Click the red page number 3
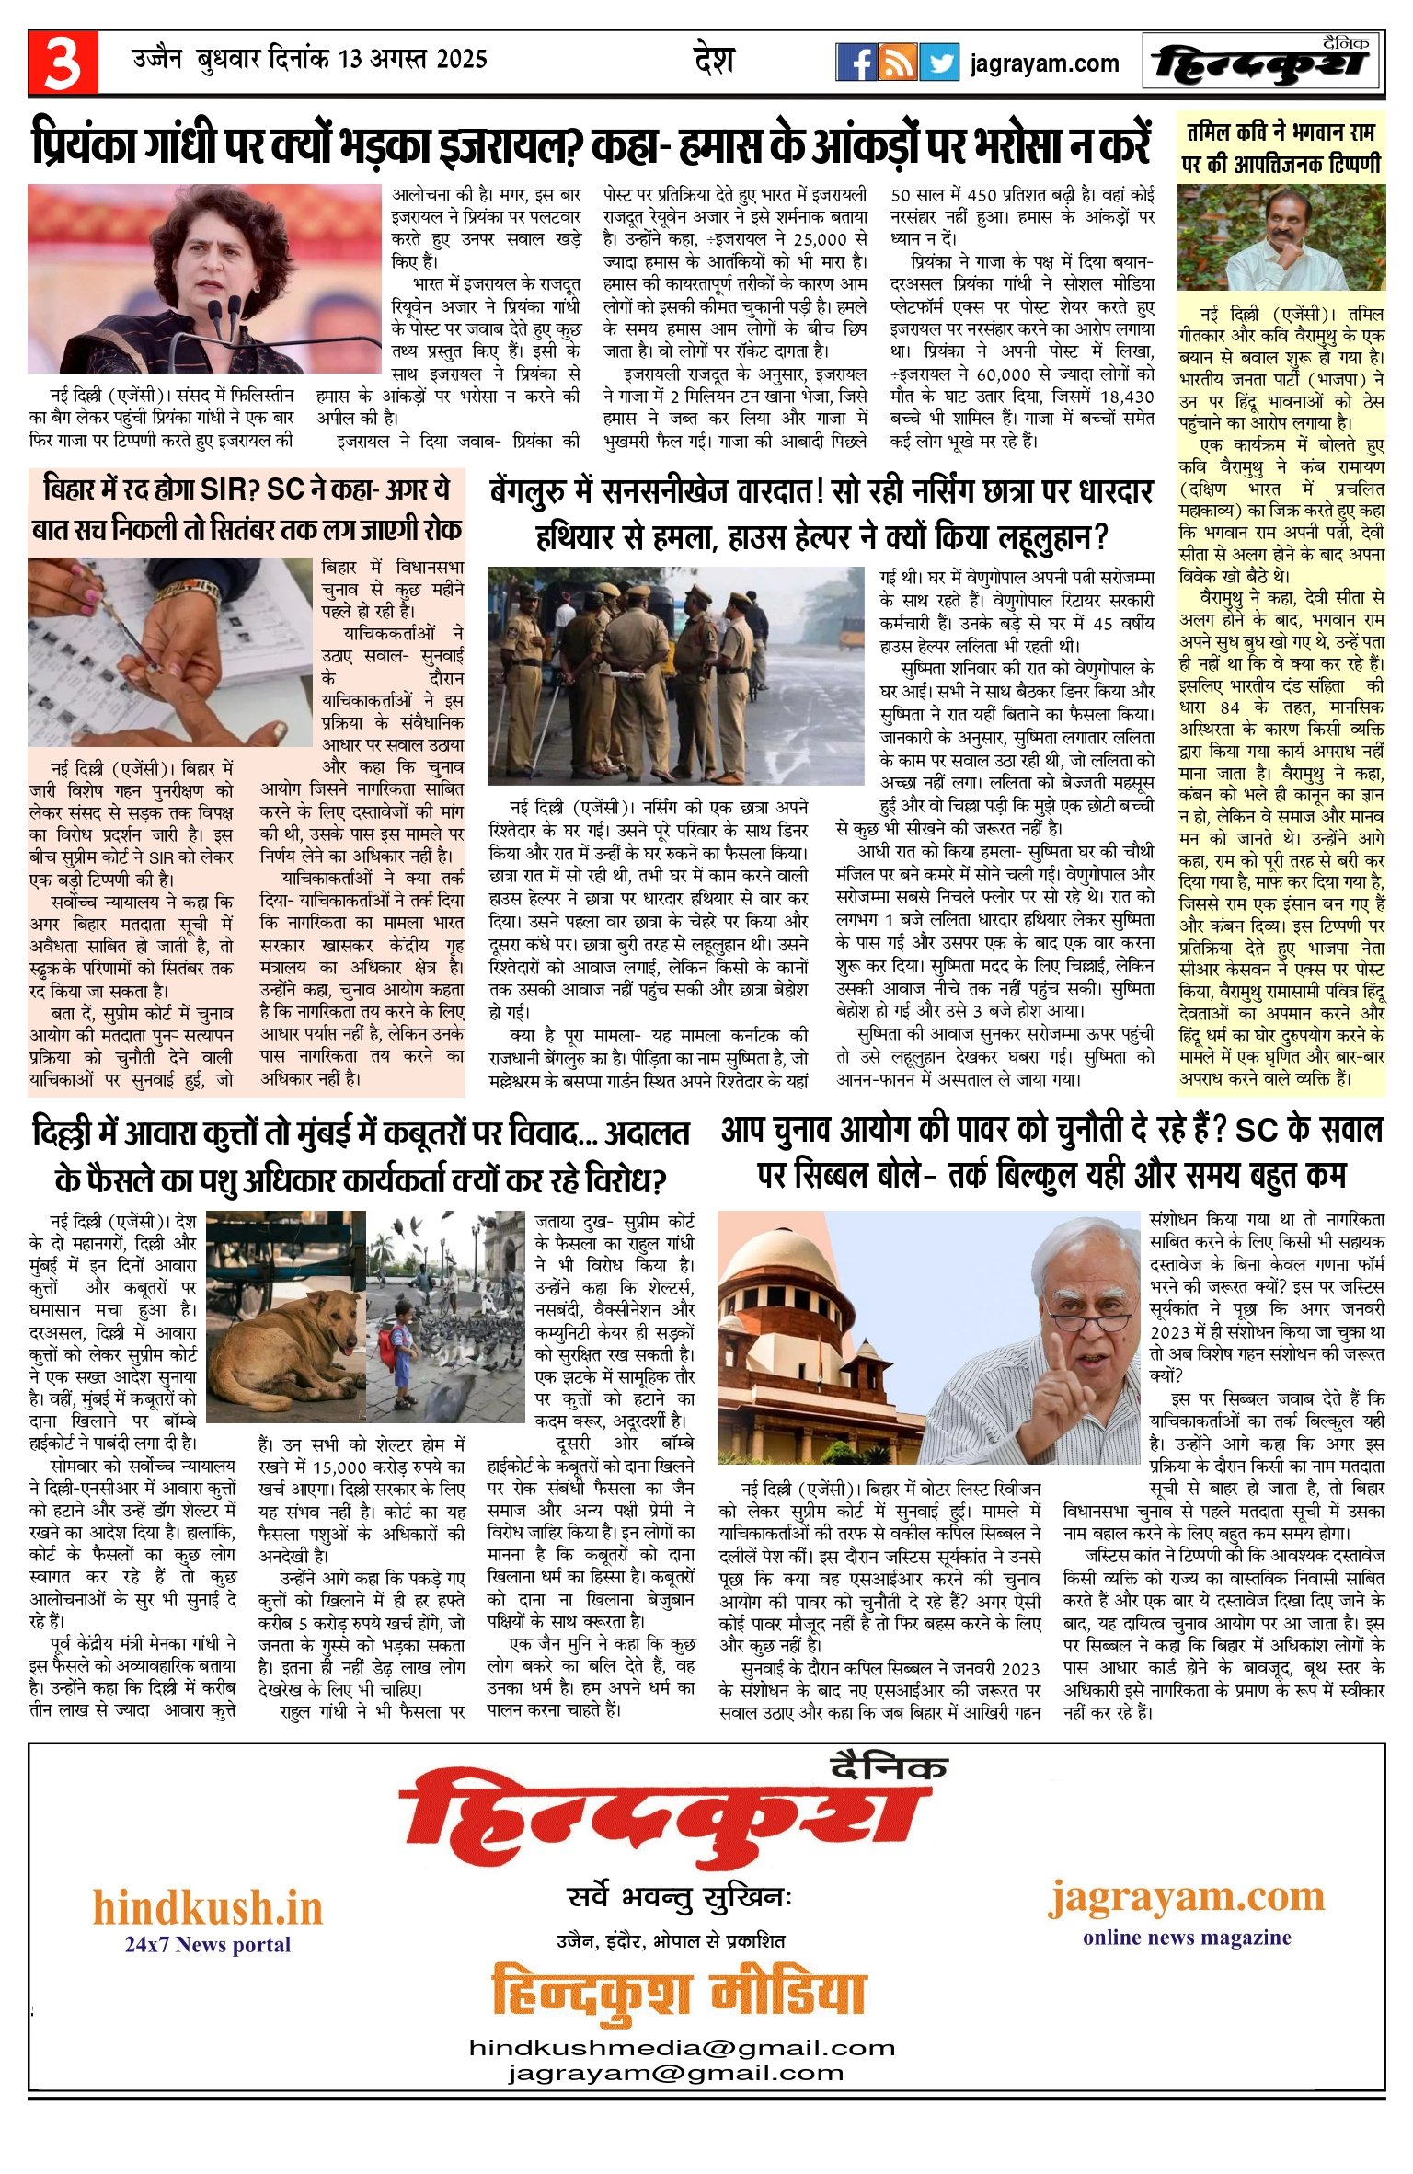(63, 63)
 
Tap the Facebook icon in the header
(856, 63)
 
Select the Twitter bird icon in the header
(939, 63)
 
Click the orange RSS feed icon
(897, 63)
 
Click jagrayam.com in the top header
(1044, 63)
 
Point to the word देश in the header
(714, 61)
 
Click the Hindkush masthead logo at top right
(1262, 63)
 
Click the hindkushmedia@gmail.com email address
(682, 2048)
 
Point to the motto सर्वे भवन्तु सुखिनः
(680, 1897)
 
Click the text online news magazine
(1187, 1938)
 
